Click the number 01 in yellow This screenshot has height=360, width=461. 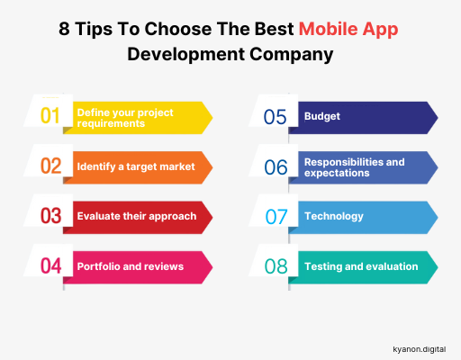pos(50,115)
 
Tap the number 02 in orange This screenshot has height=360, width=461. pos(51,166)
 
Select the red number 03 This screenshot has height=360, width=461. pos(51,216)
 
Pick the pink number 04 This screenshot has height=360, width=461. pos(51,265)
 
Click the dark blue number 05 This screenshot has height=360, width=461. pos(276,117)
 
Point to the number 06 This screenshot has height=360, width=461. pos(276,167)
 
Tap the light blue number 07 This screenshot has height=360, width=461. pos(276,217)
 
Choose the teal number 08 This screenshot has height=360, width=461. pos(276,266)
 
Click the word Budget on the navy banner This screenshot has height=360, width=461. pos(322,116)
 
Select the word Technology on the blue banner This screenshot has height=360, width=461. pos(334,216)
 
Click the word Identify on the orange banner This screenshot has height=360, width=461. pos(96,166)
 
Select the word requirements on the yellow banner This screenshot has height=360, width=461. pos(111,123)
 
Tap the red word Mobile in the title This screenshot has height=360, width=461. pos(329,29)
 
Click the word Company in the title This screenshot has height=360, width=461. pos(291,55)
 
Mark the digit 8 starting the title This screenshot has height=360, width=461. pos(64,29)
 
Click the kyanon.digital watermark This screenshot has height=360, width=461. pos(420,349)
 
